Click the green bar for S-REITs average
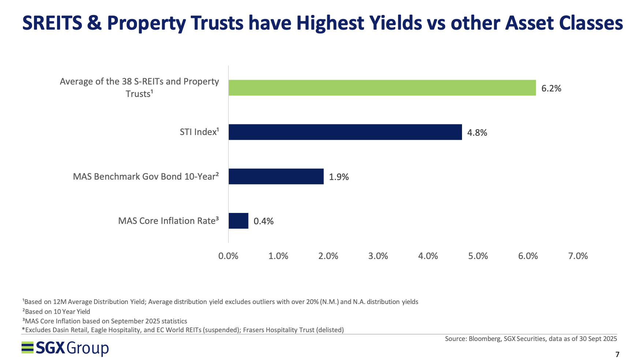click(382, 88)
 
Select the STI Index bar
click(345, 132)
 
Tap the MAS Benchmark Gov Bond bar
click(276, 176)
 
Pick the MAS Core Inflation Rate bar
click(238, 221)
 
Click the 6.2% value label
click(551, 89)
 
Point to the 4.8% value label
click(477, 133)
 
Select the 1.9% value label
click(339, 177)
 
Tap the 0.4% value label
click(263, 221)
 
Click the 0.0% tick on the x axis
click(228, 256)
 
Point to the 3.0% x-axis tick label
click(378, 256)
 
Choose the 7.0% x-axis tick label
click(578, 256)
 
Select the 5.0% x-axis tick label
click(478, 256)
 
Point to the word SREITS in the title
click(52, 23)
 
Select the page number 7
click(617, 355)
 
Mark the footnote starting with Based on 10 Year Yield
click(56, 312)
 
